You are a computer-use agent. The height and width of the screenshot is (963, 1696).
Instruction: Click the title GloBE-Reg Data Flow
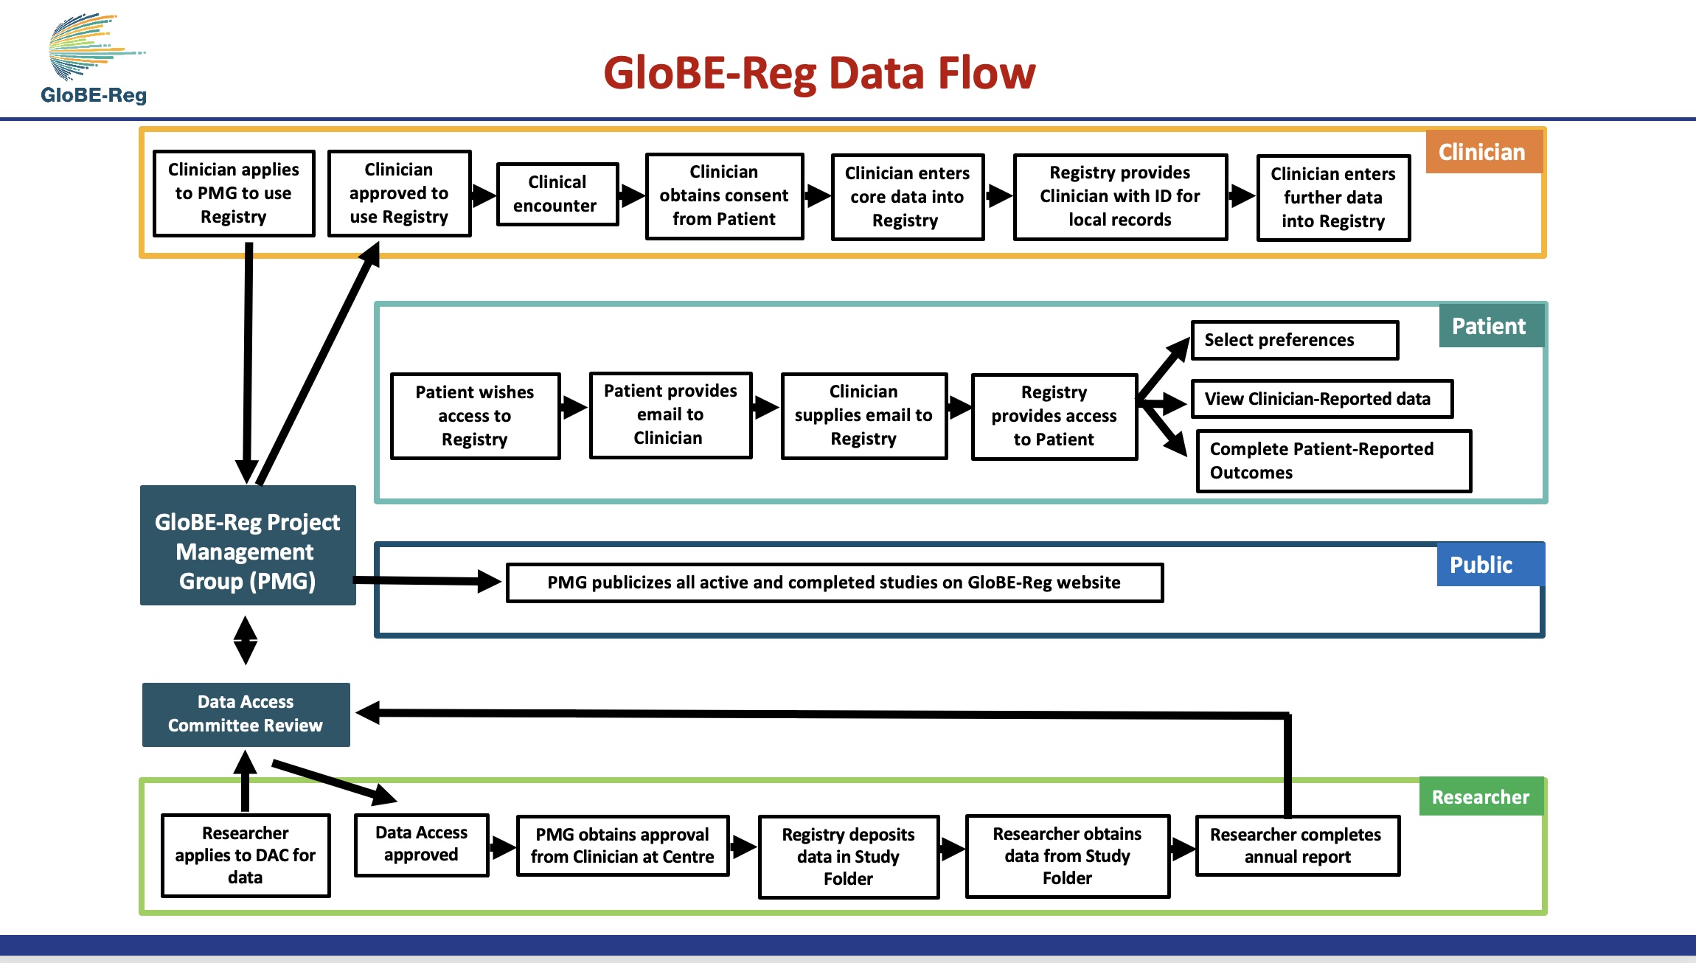click(819, 73)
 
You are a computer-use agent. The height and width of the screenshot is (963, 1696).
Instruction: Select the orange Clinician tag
click(1482, 152)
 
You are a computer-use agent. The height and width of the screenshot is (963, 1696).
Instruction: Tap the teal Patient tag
click(1489, 326)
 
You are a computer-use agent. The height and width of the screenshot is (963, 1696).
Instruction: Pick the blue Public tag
click(1481, 565)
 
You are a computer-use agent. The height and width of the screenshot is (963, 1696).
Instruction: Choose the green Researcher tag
click(1481, 797)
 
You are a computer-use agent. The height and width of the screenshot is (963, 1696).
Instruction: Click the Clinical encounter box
click(557, 194)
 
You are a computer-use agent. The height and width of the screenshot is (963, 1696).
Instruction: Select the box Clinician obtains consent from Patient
click(724, 195)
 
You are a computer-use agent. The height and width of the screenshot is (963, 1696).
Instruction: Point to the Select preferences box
click(1294, 340)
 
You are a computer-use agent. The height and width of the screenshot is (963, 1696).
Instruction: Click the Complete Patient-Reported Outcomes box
click(1333, 461)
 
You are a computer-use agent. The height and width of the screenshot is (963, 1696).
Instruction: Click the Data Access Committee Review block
click(246, 714)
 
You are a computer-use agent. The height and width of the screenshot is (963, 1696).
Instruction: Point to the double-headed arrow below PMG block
click(246, 640)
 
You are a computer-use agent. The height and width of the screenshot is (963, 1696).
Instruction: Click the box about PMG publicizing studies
click(834, 583)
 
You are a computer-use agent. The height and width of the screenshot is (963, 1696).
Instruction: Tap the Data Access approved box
click(421, 844)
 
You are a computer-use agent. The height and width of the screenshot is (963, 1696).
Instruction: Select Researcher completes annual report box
click(1297, 846)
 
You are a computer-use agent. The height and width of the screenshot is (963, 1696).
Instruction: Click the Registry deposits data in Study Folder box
click(848, 856)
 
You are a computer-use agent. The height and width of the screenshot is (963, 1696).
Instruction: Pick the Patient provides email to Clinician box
click(670, 414)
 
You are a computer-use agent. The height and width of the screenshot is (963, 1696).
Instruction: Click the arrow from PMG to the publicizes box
click(428, 581)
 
